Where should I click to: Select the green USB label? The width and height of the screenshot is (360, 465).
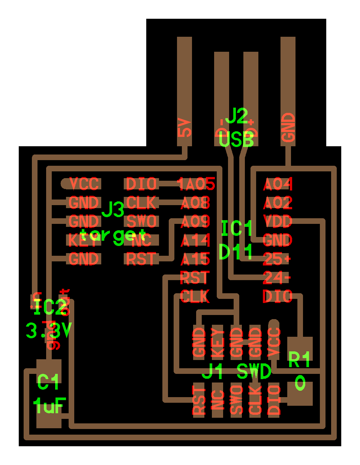(236, 139)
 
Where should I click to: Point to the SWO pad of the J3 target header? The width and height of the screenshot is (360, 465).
(141, 221)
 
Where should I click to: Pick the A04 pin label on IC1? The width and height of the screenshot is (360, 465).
(277, 184)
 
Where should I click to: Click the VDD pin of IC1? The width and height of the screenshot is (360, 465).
(277, 221)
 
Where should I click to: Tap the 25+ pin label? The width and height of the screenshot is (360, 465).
(277, 259)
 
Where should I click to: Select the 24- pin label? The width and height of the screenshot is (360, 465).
(277, 278)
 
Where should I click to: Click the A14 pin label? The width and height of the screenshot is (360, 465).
(195, 240)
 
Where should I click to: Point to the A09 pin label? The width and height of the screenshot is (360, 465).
(195, 222)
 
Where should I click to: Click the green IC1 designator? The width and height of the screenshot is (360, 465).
(237, 228)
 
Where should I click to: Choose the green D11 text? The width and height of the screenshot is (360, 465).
(235, 252)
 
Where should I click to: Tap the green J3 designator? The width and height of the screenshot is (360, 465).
(113, 210)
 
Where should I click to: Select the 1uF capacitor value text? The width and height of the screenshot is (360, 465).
(49, 405)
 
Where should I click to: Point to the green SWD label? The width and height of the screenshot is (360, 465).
(254, 372)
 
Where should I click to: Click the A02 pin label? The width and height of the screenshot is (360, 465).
(277, 203)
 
